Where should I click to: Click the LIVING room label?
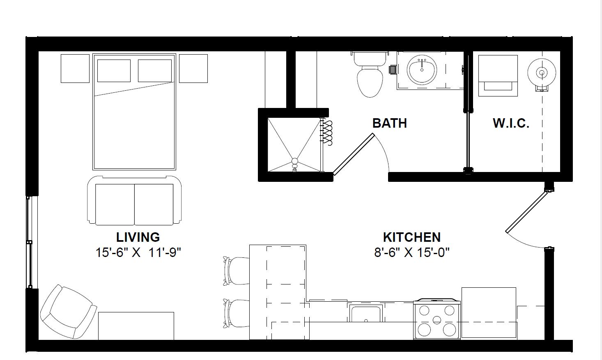pyautogui.click(x=138, y=237)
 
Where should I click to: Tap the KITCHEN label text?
pyautogui.click(x=412, y=237)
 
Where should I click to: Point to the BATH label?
pyautogui.click(x=389, y=123)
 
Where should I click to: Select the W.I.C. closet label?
pyautogui.click(x=511, y=123)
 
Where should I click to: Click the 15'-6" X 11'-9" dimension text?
pyautogui.click(x=138, y=252)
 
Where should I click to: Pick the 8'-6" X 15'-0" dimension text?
pyautogui.click(x=412, y=252)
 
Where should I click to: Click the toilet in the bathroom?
pyautogui.click(x=370, y=74)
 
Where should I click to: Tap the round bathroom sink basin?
pyautogui.click(x=422, y=70)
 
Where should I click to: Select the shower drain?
pyautogui.click(x=294, y=161)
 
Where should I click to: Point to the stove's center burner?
pyautogui.click(x=437, y=320)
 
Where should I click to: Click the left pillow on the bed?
pyautogui.click(x=114, y=71)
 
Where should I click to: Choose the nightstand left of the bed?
pyautogui.click(x=75, y=69)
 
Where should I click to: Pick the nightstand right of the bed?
pyautogui.click(x=193, y=69)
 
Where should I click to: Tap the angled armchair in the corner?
pyautogui.click(x=68, y=312)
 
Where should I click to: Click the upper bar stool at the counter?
pyautogui.click(x=237, y=271)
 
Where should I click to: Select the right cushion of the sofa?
pyautogui.click(x=154, y=204)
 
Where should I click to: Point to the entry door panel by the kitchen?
pyautogui.click(x=527, y=212)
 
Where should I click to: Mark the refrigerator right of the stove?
pyautogui.click(x=489, y=312)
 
